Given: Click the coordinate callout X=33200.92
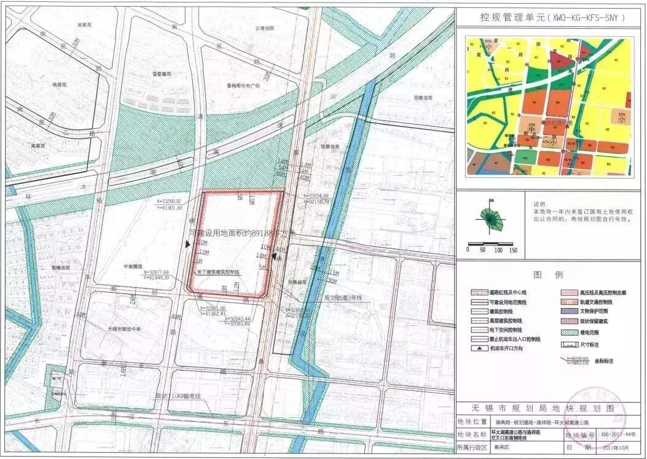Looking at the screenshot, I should pos(169,201).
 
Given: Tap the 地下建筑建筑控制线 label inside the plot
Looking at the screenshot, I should pos(219,271).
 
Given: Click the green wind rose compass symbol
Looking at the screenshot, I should pos(491,219).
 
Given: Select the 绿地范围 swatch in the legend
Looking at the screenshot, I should pos(568,333).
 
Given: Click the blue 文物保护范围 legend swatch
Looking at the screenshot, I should pos(568,311).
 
